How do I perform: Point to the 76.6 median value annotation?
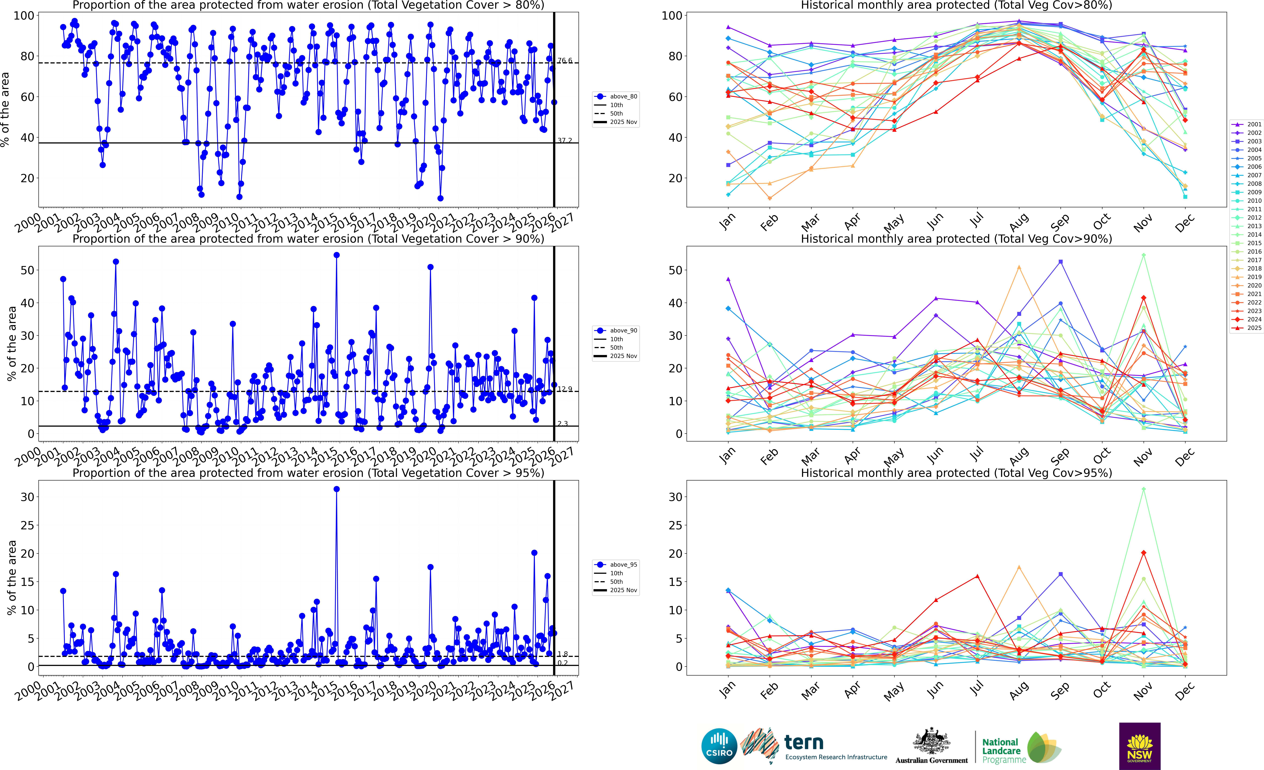[x=565, y=61]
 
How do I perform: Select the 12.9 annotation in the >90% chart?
[x=565, y=389]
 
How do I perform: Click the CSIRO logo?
[x=719, y=746]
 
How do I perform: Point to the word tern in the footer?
[x=804, y=742]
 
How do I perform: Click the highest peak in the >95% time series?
[x=336, y=489]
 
